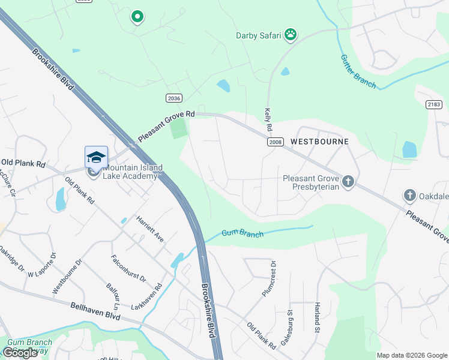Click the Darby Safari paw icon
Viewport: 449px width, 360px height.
(x=291, y=35)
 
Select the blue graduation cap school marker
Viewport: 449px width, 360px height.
(x=96, y=157)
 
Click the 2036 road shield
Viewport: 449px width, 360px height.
(x=173, y=98)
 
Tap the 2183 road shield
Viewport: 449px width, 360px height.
(x=435, y=104)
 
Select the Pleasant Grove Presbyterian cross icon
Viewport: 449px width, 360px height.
(x=348, y=181)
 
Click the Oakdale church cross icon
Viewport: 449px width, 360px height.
(x=409, y=195)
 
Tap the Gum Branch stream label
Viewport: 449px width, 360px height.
(x=242, y=233)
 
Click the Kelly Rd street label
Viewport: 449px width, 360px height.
(x=268, y=121)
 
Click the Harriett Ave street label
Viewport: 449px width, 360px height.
(x=149, y=229)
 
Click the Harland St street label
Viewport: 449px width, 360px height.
(x=317, y=317)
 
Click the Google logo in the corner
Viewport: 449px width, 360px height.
(x=20, y=353)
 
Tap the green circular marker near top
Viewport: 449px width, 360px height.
(x=137, y=17)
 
